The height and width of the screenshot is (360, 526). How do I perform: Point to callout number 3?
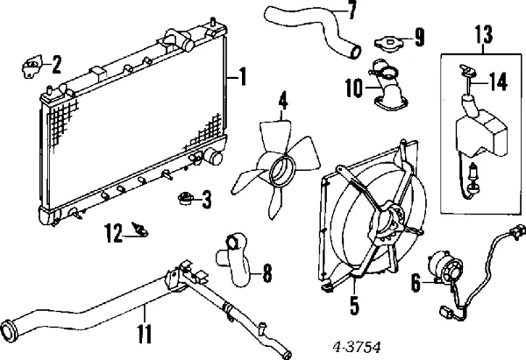click(x=206, y=201)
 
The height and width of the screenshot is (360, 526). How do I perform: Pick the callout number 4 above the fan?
click(x=282, y=103)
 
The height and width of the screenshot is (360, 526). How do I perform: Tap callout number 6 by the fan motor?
click(x=415, y=283)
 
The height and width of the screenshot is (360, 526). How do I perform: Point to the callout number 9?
click(x=419, y=37)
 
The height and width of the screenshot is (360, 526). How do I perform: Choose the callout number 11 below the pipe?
click(x=145, y=333)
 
